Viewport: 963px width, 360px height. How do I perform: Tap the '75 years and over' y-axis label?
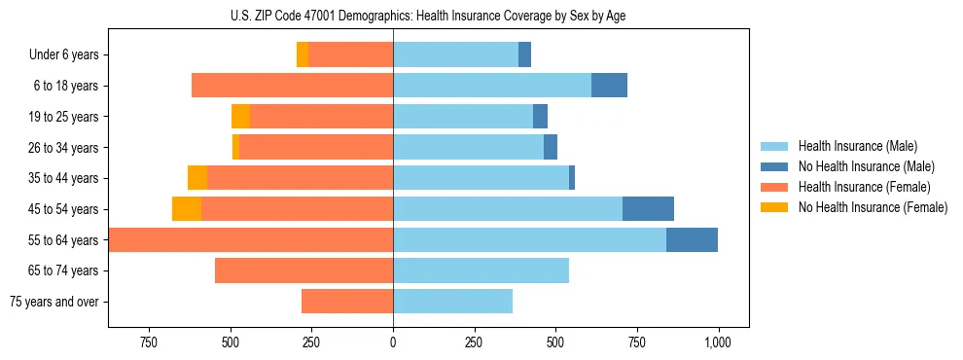[53, 302]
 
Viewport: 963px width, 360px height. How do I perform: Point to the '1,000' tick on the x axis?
[718, 342]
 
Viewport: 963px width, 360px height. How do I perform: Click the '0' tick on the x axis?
[393, 342]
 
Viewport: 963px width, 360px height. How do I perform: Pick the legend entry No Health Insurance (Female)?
[873, 207]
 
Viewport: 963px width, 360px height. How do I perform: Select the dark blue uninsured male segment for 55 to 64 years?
[692, 239]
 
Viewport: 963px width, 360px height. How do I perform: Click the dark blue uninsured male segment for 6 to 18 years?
[609, 86]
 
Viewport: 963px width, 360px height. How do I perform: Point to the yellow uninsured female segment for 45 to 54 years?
[187, 209]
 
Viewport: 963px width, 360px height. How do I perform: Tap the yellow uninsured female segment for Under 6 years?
[303, 55]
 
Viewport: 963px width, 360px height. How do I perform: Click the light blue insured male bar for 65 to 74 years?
[481, 270]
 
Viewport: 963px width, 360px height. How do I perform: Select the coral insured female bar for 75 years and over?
[347, 302]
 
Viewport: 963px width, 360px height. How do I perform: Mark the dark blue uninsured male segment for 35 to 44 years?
[572, 178]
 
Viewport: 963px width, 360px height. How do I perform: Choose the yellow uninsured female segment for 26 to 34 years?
[236, 147]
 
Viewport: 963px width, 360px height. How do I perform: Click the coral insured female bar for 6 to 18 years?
[292, 86]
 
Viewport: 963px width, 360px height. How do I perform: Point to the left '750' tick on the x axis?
[149, 342]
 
